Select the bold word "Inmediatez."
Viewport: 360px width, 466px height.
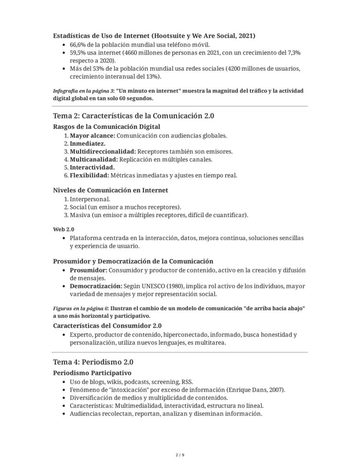87,143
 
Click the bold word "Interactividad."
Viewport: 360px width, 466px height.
92,168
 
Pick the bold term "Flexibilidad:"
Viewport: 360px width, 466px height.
89,175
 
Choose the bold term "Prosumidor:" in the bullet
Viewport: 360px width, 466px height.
88,270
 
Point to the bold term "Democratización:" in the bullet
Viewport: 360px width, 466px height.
96,286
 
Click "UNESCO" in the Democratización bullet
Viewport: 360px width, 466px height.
154,286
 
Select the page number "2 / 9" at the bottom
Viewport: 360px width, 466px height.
180,455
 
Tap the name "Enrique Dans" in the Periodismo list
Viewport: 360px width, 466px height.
245,390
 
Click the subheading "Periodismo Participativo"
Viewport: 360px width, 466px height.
92,373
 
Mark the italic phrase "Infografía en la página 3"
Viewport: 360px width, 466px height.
83,91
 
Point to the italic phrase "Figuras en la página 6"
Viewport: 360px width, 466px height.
80,308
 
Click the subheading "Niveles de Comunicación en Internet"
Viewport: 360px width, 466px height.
110,190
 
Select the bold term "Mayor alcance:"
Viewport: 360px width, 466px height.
92,135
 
